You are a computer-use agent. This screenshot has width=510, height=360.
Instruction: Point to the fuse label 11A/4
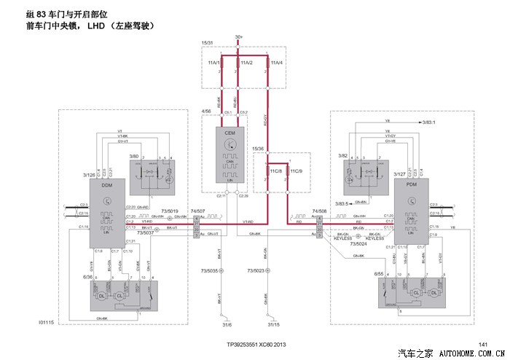click(x=276, y=63)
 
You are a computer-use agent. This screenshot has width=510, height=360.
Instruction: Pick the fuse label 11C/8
click(x=275, y=171)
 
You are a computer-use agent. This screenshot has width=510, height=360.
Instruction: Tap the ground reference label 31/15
click(x=275, y=325)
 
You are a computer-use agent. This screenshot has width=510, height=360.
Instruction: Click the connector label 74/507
click(x=197, y=211)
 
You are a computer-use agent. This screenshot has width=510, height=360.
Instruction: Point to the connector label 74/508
click(x=319, y=211)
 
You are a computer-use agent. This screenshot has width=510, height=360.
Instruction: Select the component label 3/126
click(x=90, y=175)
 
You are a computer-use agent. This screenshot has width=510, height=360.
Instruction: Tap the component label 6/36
click(x=88, y=277)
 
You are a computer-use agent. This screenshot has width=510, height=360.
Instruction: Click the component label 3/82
click(x=343, y=155)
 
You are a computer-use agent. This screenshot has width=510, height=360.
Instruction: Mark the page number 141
click(x=482, y=344)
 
